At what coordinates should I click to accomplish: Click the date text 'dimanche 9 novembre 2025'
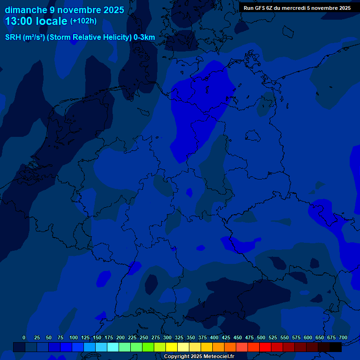(x=64, y=10)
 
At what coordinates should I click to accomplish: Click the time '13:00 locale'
(x=36, y=22)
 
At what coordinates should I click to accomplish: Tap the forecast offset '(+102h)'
(x=83, y=21)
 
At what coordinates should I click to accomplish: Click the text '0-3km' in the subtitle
(x=144, y=37)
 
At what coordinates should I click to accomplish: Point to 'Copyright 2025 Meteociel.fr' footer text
(x=199, y=356)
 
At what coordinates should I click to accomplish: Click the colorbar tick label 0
(x=24, y=337)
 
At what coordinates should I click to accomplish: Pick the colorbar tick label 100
(x=74, y=337)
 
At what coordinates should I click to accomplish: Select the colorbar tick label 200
(x=120, y=337)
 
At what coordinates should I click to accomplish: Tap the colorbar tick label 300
(x=167, y=337)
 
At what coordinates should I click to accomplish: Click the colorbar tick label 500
(x=261, y=337)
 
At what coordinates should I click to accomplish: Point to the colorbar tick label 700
(x=343, y=337)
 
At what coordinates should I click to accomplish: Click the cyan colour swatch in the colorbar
(x=113, y=347)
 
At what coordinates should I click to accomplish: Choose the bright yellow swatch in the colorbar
(x=172, y=347)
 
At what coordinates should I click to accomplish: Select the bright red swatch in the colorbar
(x=265, y=347)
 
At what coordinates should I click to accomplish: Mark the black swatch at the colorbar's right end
(x=336, y=347)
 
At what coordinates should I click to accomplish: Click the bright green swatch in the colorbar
(x=148, y=347)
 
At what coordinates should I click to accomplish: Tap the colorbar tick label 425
(x=226, y=337)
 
